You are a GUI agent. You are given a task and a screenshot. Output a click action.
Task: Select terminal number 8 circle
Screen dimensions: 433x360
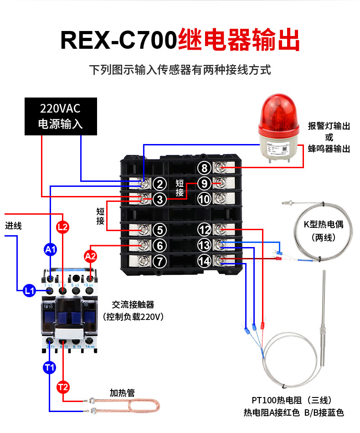205,168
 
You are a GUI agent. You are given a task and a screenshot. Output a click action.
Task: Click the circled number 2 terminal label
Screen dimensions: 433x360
159,184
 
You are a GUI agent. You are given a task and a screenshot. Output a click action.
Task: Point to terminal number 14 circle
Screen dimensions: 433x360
205,261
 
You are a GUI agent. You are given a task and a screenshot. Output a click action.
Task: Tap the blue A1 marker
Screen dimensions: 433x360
50,249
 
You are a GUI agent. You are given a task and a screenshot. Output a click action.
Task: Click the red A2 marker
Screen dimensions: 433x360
91,256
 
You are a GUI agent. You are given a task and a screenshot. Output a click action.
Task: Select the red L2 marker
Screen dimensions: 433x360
63,227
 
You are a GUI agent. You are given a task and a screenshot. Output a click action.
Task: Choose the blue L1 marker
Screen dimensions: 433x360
30,289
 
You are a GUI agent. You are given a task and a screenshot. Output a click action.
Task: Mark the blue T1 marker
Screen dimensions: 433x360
49,366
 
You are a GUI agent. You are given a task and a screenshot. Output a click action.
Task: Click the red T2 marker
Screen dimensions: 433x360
63,387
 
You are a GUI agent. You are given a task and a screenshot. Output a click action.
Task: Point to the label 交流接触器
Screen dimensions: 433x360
133,304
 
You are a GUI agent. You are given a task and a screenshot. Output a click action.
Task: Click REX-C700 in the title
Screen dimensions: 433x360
118,40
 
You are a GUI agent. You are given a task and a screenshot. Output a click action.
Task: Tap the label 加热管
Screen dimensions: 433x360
122,392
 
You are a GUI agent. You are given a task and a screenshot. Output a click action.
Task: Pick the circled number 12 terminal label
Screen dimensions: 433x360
205,230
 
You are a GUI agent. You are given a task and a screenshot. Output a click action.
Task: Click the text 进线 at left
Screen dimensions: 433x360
14,225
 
